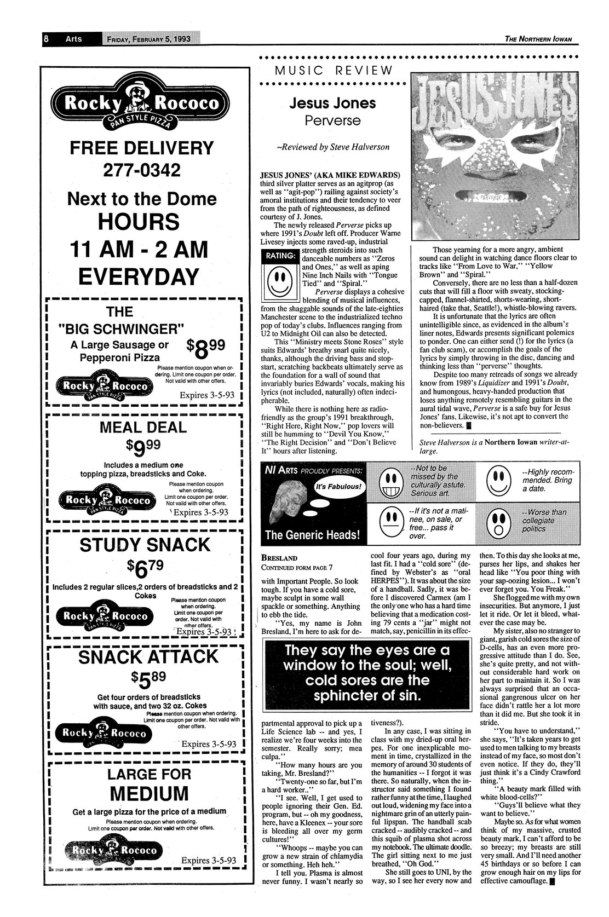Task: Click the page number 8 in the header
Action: pyautogui.click(x=47, y=39)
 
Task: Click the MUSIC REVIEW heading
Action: pyautogui.click(x=334, y=70)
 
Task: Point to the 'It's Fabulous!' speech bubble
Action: pyautogui.click(x=337, y=487)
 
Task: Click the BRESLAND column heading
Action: pyautogui.click(x=280, y=558)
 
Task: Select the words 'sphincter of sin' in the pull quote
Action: pyautogui.click(x=364, y=696)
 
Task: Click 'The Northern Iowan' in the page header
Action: pyautogui.click(x=542, y=39)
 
